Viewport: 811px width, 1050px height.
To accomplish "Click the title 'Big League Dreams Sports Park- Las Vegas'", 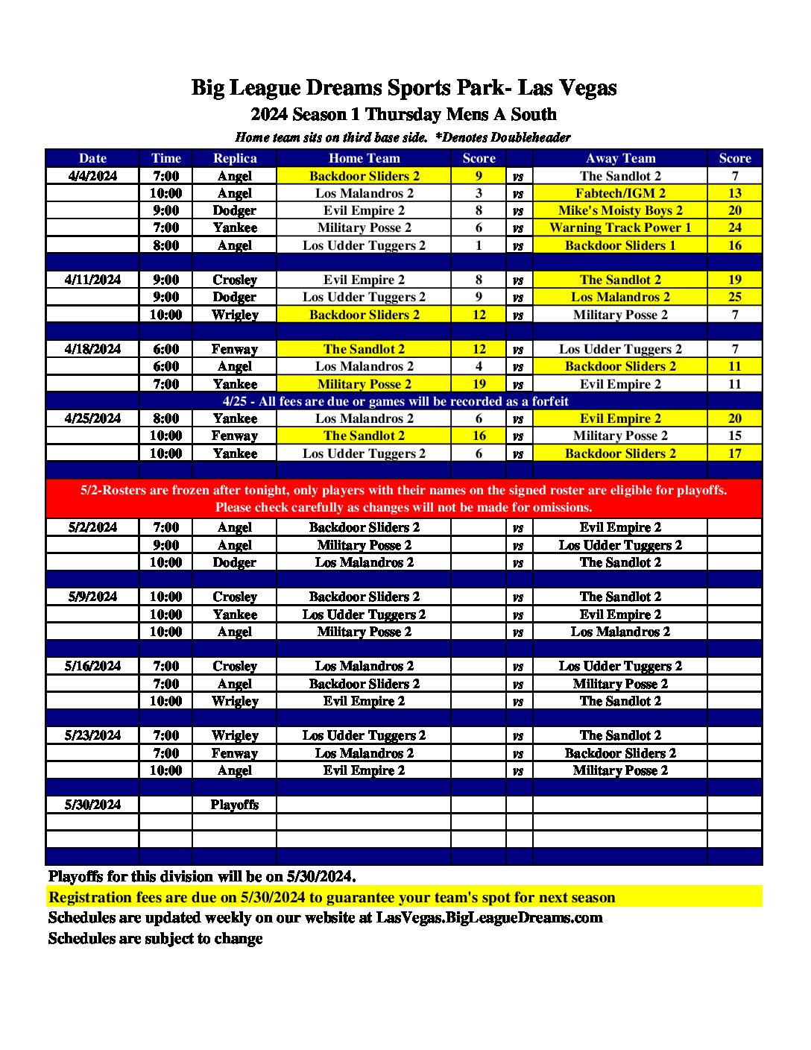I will pyautogui.click(x=404, y=88).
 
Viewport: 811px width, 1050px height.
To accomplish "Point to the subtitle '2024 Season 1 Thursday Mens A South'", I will pyautogui.click(x=404, y=114).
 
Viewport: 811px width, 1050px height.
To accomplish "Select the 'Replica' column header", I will pyautogui.click(x=235, y=158).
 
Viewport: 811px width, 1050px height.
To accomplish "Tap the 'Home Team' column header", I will pyautogui.click(x=364, y=158).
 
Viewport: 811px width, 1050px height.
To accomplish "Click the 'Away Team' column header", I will pyautogui.click(x=620, y=158).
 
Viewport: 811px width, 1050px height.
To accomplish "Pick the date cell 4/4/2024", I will pyautogui.click(x=92, y=176).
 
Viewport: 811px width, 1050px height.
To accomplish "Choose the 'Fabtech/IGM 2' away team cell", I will pyautogui.click(x=620, y=193).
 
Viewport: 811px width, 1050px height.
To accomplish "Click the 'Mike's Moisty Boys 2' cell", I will pyautogui.click(x=620, y=210).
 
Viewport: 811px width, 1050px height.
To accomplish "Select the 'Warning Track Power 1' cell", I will pyautogui.click(x=620, y=227).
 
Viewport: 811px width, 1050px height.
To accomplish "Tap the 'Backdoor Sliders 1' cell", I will pyautogui.click(x=620, y=245).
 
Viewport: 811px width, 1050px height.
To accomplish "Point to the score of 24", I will pyautogui.click(x=734, y=227).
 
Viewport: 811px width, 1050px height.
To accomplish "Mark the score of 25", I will pyautogui.click(x=734, y=297).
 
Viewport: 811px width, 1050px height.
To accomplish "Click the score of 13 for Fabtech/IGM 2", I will pyautogui.click(x=734, y=193).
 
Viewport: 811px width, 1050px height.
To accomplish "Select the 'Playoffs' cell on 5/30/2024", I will pyautogui.click(x=235, y=805).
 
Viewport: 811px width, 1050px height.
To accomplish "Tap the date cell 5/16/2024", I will pyautogui.click(x=92, y=666).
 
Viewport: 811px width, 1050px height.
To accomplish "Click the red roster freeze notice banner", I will pyautogui.click(x=404, y=498).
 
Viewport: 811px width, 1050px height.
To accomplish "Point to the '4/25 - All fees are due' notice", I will pyautogui.click(x=395, y=401).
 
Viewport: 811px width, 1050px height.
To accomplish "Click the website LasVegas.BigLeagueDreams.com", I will pyautogui.click(x=489, y=918).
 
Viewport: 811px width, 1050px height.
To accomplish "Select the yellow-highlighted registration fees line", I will pyautogui.click(x=332, y=897).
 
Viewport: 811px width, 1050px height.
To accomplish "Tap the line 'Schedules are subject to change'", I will pyautogui.click(x=155, y=938).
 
